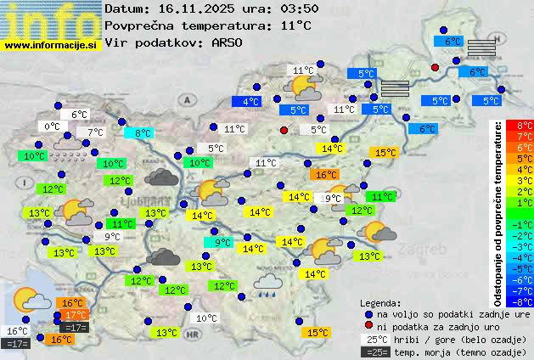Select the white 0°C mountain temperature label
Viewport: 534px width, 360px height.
point(53,127)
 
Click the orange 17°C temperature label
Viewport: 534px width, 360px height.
point(75,315)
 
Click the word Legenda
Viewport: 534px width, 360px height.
point(381,303)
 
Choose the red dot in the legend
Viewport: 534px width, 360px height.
point(368,326)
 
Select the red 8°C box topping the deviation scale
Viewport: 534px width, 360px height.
point(525,126)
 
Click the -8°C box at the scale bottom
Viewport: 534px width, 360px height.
point(525,301)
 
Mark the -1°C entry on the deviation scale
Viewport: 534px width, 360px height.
point(525,224)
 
